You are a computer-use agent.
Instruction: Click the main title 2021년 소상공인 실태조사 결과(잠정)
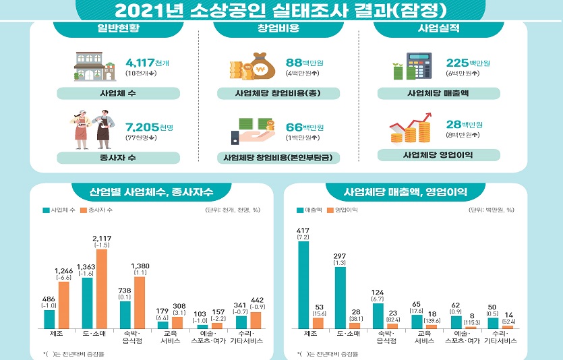[280, 10]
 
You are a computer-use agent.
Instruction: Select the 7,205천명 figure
[150, 127]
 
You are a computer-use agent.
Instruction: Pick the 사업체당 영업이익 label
[438, 155]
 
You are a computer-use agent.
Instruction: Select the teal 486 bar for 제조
[49, 319]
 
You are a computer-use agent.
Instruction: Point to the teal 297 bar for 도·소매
[340, 297]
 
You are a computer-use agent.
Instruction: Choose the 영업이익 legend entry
[343, 210]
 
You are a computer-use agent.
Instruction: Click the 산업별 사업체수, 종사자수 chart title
[152, 192]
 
